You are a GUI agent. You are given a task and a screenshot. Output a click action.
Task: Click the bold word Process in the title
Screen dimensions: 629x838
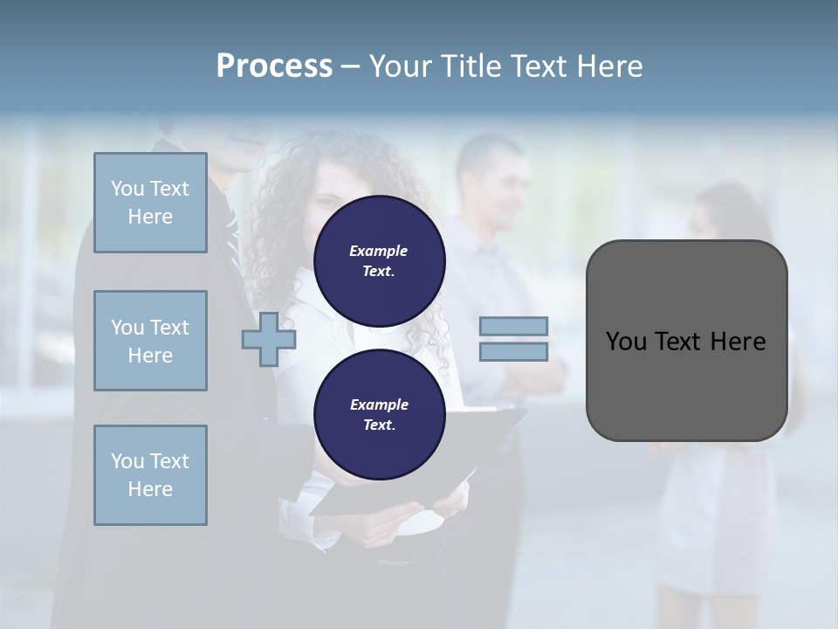pyautogui.click(x=274, y=66)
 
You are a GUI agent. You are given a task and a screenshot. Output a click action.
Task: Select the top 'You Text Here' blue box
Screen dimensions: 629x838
pyautogui.click(x=150, y=203)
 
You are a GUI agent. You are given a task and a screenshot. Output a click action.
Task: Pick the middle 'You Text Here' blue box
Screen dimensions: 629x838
pyautogui.click(x=150, y=341)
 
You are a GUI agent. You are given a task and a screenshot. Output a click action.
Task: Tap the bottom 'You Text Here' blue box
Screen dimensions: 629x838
pyautogui.click(x=150, y=475)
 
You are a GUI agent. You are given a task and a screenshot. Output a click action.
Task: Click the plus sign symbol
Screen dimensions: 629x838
pyautogui.click(x=268, y=340)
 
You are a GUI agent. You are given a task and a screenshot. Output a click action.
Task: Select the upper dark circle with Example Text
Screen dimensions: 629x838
pyautogui.click(x=379, y=261)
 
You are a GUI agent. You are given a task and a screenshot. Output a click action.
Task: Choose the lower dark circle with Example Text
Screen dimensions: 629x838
pyautogui.click(x=379, y=415)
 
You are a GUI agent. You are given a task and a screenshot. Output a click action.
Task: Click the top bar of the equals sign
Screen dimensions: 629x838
pyautogui.click(x=513, y=326)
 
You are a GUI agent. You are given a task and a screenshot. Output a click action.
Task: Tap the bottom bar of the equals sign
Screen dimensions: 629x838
pyautogui.click(x=513, y=352)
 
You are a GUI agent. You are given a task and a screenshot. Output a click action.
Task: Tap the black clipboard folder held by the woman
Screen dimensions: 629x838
pyautogui.click(x=489, y=437)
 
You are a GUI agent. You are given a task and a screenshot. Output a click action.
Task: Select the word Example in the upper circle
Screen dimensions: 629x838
pyautogui.click(x=379, y=251)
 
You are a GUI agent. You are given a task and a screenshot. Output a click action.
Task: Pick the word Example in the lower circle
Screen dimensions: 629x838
pyautogui.click(x=379, y=404)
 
